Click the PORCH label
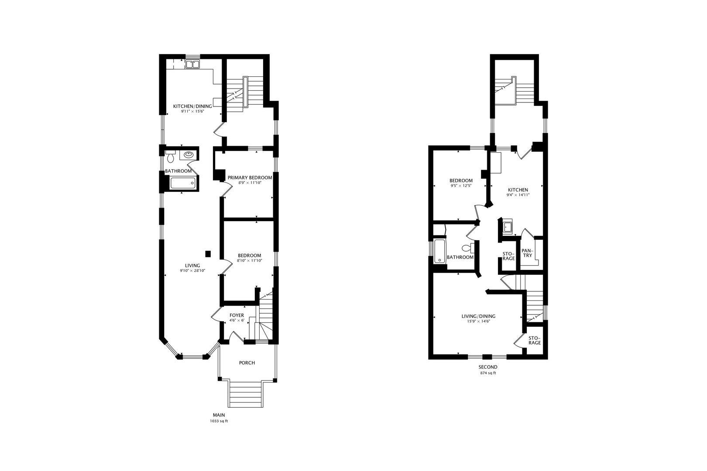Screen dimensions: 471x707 247,363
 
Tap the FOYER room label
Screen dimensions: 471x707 237,315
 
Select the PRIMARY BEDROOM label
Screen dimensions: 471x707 249,178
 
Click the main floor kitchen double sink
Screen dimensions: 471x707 192,65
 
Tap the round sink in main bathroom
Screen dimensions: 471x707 189,154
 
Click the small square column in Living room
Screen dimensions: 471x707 209,253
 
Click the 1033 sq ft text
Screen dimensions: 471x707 219,421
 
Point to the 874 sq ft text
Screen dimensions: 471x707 488,373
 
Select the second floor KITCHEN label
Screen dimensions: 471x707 518,190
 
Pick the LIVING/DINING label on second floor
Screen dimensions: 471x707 479,317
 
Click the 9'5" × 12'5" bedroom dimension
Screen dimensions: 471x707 461,186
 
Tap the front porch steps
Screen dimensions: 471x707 245,394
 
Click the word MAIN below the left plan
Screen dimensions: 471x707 219,415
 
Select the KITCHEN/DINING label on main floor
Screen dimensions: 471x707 192,106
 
